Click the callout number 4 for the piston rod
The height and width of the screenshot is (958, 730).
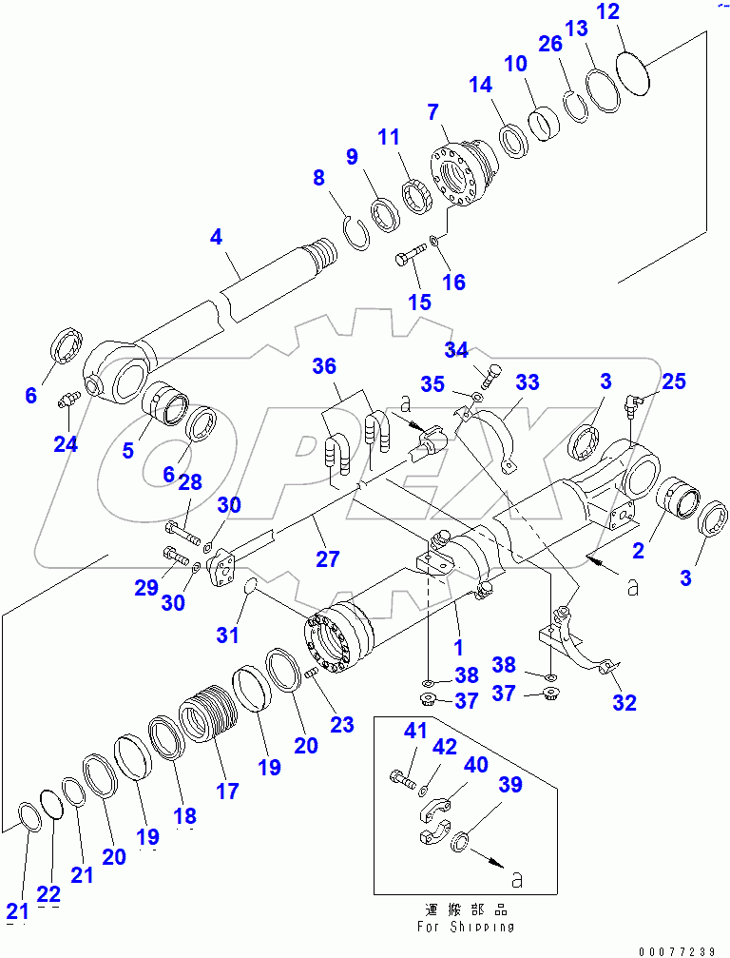click(x=217, y=237)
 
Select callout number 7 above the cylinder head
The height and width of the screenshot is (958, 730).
click(x=433, y=113)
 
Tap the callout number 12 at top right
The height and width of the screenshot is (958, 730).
click(x=635, y=13)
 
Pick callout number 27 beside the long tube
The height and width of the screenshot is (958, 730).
click(x=327, y=558)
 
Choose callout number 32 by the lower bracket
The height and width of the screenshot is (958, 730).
click(x=624, y=703)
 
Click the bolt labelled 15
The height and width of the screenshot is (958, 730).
click(x=408, y=258)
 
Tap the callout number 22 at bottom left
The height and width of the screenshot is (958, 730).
click(x=48, y=894)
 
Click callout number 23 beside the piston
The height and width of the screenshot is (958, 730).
click(x=341, y=725)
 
